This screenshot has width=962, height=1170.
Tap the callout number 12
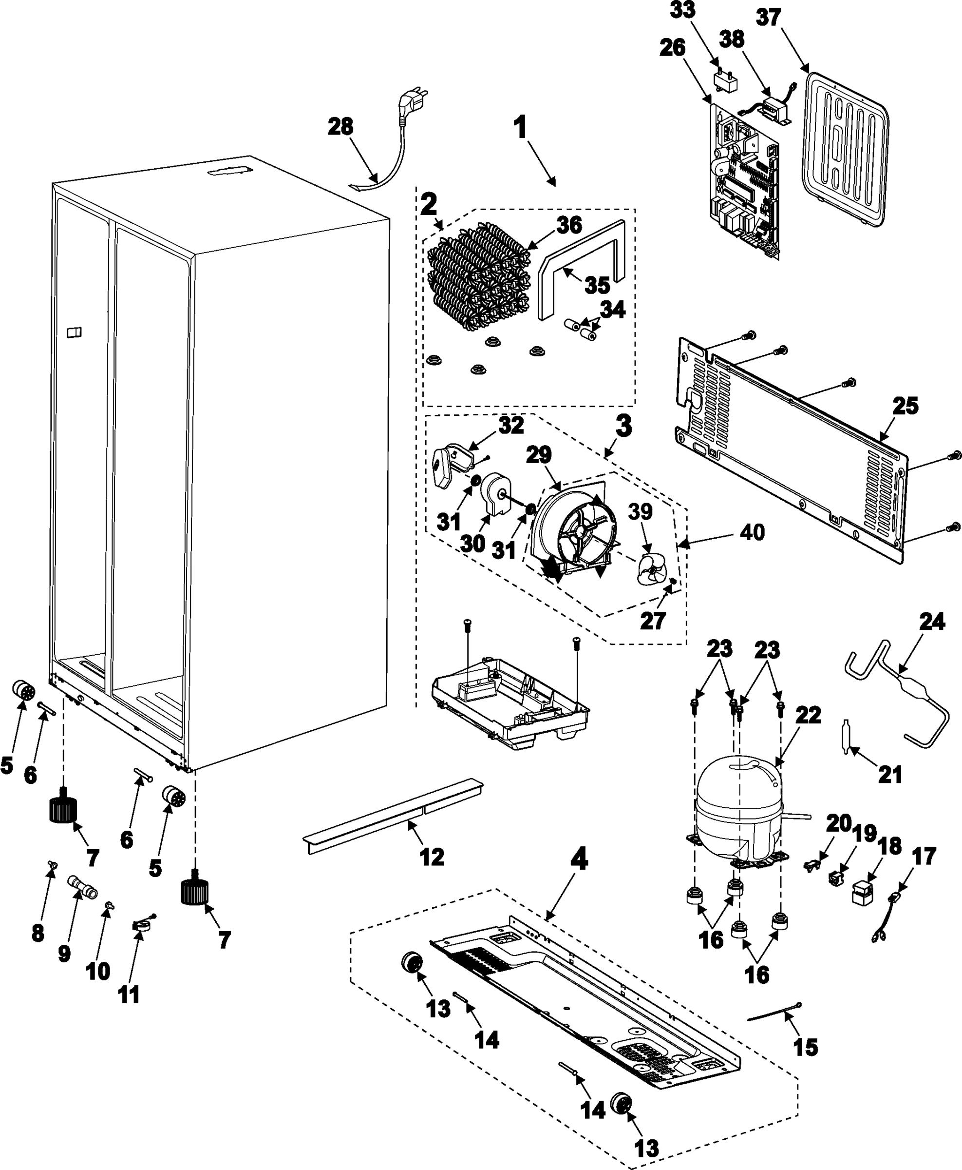click(x=432, y=857)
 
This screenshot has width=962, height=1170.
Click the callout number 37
click(x=769, y=19)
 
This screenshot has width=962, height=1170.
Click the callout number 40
click(x=752, y=532)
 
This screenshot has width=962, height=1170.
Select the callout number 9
click(x=64, y=954)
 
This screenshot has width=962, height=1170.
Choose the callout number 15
click(x=805, y=1048)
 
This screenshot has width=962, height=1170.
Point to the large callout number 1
click(x=520, y=129)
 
